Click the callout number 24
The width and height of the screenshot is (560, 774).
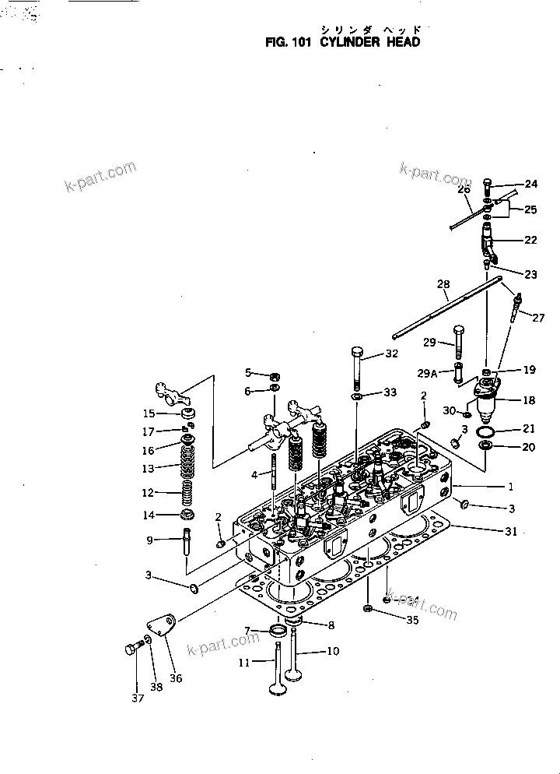tap(531, 184)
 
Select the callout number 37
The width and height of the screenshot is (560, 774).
tap(138, 698)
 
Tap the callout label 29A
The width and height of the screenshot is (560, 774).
tap(427, 374)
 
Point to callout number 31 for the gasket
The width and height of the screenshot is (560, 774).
tap(511, 531)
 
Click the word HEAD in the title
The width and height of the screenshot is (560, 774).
tap(403, 42)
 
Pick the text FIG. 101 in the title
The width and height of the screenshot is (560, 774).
tap(289, 42)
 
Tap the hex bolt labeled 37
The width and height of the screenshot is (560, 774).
tap(132, 649)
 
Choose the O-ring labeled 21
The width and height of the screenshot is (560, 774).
tap(485, 432)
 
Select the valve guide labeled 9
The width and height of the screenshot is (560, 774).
tap(187, 543)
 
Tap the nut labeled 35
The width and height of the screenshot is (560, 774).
tap(367, 608)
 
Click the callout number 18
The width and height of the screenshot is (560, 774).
tap(528, 399)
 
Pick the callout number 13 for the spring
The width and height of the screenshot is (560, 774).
tap(148, 469)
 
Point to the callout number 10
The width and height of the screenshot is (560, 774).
tap(333, 652)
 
